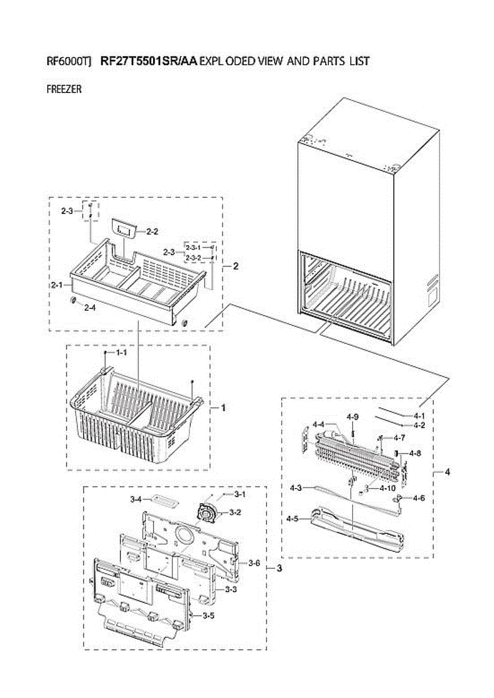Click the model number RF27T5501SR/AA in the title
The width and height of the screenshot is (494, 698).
149,61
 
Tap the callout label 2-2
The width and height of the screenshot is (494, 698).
152,232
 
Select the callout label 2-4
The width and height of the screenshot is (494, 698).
90,308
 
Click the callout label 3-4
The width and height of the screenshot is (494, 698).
136,499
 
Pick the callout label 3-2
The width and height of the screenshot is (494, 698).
235,512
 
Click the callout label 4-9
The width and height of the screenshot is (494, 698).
353,417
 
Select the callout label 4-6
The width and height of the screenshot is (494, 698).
419,498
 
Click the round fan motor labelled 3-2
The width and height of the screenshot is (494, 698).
206,513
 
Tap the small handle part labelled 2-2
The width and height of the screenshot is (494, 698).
125,227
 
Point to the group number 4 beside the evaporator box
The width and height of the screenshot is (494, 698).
447,472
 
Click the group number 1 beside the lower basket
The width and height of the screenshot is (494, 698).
222,408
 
